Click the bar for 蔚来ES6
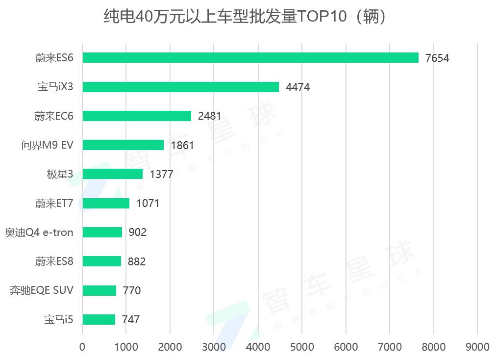coord(250,58)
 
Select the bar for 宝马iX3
coord(180,87)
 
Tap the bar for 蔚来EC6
coord(137,116)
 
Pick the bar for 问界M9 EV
coord(123,145)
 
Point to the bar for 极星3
coord(112,174)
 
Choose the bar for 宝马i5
coord(99,320)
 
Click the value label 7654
coord(437,58)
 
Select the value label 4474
coord(298,87)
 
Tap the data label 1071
coord(148,204)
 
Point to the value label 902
coord(137,232)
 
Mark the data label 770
coord(131,291)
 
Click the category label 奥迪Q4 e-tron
coord(39,232)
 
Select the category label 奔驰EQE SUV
coord(42,290)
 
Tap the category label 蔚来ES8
coord(54,261)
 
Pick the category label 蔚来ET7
coord(54,204)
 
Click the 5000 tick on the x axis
coord(302,347)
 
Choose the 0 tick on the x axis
coord(82,347)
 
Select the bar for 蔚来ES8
coord(101,261)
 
